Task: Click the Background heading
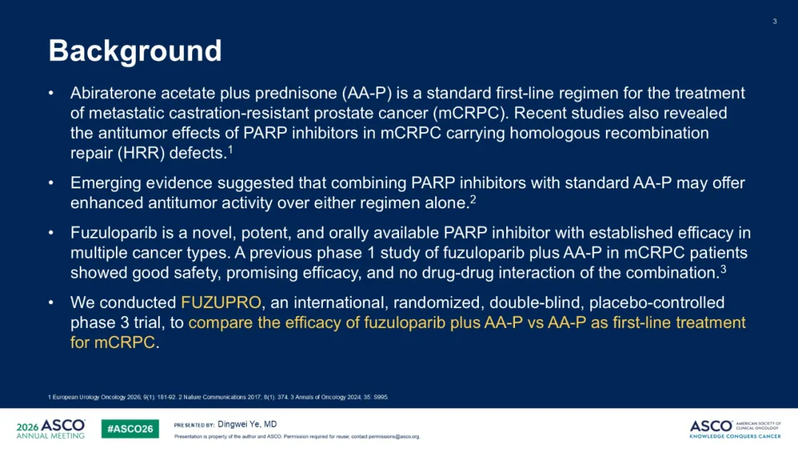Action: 135,51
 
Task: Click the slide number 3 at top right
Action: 774,21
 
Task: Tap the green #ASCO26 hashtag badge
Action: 130,428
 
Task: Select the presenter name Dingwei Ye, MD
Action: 247,424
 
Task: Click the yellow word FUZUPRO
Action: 221,303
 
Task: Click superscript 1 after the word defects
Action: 230,149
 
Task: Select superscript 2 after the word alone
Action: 473,199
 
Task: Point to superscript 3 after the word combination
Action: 723,269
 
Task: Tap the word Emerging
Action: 106,183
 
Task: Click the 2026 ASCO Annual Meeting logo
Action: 51,428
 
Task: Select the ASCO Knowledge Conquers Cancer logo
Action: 735,429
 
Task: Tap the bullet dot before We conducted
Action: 51,303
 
